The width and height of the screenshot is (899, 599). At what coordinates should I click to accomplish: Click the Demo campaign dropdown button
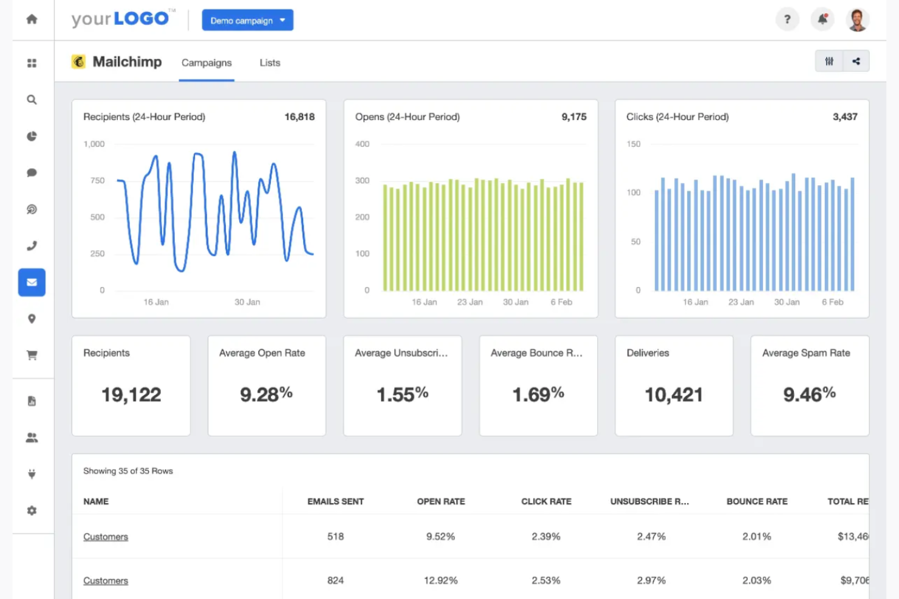coord(247,20)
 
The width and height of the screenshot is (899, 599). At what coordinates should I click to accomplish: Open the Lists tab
coord(270,63)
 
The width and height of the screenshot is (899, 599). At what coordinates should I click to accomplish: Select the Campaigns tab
coord(207,63)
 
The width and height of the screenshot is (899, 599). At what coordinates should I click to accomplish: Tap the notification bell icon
coord(822,19)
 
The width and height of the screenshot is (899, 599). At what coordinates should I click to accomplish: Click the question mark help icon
coord(787,19)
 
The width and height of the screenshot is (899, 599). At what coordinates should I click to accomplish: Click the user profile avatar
coord(857,19)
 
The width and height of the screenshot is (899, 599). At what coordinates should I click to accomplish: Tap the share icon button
coord(856,61)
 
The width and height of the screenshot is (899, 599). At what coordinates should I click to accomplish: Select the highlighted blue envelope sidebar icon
coord(32,282)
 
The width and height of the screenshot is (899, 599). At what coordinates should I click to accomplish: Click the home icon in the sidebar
coord(32,19)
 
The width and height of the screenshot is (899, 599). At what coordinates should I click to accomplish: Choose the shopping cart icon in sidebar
coord(32,356)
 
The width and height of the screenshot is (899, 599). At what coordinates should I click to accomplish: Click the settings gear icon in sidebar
coord(32,511)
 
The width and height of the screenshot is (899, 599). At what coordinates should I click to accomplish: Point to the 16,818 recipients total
coord(299,117)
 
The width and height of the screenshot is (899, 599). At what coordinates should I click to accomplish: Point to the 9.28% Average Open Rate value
coord(266,394)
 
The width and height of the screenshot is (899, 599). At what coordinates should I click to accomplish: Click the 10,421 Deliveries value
coord(673,395)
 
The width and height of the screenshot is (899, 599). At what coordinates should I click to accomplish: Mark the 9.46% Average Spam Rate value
coord(809,394)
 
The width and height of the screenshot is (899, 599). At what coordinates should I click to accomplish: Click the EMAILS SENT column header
coord(335,501)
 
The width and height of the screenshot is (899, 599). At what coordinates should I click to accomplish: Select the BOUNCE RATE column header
coord(757,501)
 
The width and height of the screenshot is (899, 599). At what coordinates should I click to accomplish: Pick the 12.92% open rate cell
coord(440,581)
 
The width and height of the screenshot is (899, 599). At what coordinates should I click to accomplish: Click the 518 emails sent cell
coord(335,536)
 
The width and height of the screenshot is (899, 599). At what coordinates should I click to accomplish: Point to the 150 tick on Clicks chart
coord(634,144)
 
